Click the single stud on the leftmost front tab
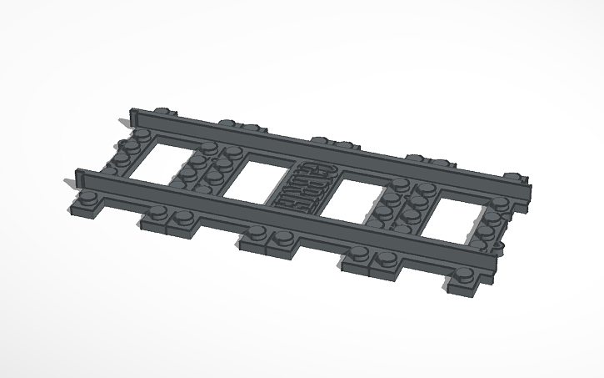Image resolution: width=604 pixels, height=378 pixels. [x=87, y=199]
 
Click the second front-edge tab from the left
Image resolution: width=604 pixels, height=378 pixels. [x=172, y=219]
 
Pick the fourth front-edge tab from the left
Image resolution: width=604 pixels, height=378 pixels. [x=372, y=259]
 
